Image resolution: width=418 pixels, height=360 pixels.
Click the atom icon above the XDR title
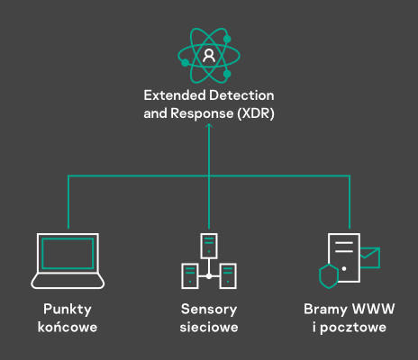209,56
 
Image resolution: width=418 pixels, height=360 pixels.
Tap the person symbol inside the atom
209,56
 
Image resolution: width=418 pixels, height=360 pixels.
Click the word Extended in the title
175,95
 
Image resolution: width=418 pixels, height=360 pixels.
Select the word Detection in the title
241,95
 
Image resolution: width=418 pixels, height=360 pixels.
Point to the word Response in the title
202,114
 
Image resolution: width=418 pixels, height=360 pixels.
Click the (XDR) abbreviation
256,113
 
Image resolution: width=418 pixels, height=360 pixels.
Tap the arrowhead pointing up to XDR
209,126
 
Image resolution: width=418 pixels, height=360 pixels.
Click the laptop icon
68,261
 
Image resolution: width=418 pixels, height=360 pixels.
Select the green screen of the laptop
68,254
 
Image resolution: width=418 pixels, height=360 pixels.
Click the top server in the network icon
209,246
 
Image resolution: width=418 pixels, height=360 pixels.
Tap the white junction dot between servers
209,276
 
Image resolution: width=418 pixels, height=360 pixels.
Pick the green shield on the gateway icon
329,276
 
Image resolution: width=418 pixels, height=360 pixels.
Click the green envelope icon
370,257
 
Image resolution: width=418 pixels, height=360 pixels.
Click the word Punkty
68,310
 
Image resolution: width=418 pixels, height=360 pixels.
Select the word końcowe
68,327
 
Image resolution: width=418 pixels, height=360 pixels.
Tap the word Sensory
209,310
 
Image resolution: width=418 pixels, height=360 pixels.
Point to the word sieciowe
209,327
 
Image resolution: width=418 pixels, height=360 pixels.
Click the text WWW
374,309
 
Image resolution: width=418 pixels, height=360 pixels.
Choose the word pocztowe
353,328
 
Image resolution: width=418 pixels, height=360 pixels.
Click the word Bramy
325,310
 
